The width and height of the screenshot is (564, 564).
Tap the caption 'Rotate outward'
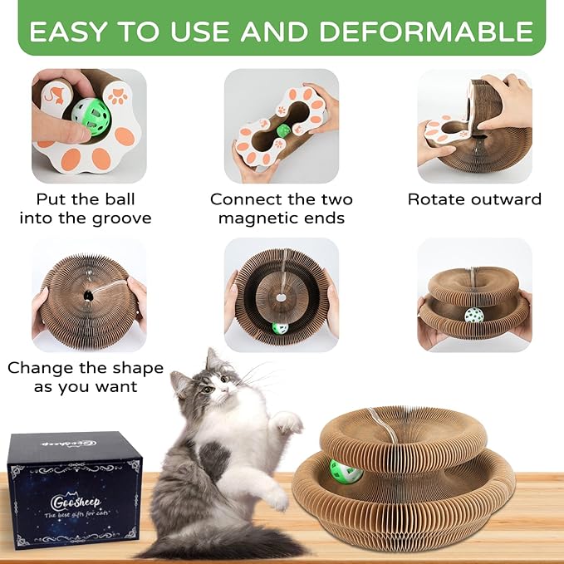pos(474,199)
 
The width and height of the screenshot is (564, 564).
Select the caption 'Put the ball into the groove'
pos(86,208)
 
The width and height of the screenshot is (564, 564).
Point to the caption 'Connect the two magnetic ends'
pos(282,208)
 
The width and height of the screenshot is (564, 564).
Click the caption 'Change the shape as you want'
pos(86,377)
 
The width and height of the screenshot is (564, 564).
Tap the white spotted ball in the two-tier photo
pos(473,316)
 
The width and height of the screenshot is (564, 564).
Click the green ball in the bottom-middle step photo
pos(281,327)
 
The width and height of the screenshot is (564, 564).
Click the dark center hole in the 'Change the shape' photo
pos(86,295)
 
